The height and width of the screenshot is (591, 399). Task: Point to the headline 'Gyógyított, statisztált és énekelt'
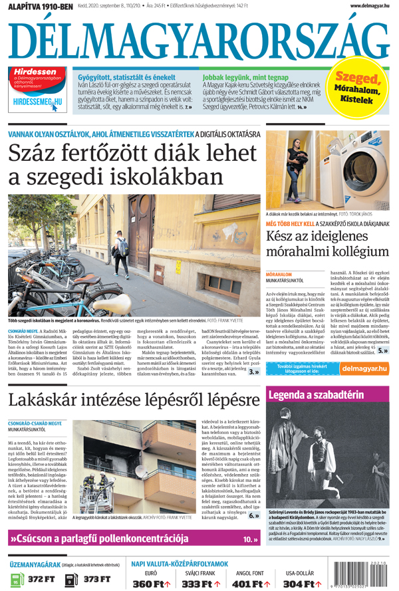[x=126, y=76]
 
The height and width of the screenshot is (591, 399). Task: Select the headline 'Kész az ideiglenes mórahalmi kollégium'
[x=327, y=243]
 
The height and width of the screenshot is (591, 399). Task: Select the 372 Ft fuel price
[x=41, y=579]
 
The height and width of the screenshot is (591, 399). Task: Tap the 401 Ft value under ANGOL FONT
[x=248, y=583]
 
